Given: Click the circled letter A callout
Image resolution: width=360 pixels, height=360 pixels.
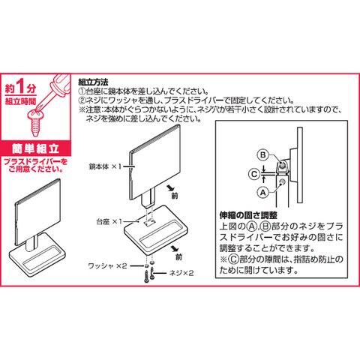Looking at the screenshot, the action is click(262, 193).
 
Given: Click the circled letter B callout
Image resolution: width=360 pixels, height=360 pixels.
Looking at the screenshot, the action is click(262, 155).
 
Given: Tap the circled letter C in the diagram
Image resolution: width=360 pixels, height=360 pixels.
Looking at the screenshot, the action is click(254, 174).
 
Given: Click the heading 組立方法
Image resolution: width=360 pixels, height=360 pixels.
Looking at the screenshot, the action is click(93, 82).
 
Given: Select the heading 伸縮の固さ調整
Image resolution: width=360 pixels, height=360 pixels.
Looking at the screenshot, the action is click(248, 215).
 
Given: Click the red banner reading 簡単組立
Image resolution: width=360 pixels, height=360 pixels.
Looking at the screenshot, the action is click(35, 148).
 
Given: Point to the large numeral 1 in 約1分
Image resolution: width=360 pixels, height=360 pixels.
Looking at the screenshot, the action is click(21, 86).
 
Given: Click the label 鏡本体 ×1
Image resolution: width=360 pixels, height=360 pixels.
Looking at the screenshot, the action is click(105, 166).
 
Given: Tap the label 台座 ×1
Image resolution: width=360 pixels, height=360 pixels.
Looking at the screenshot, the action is click(109, 221).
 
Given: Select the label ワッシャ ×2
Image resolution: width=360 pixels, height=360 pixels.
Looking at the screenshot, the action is click(107, 265).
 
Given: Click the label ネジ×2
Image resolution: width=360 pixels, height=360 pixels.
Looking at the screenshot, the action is click(181, 273).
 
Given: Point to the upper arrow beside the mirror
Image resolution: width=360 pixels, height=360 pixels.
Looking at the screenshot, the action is click(171, 187).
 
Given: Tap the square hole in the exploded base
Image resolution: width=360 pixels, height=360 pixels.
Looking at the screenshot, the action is click(149, 221).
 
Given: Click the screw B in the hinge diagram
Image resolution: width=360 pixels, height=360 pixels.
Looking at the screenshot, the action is click(282, 165).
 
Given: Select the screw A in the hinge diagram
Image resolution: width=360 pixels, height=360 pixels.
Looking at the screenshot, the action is click(282, 182).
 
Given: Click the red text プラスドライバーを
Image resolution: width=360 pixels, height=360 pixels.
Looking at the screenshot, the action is click(35, 162).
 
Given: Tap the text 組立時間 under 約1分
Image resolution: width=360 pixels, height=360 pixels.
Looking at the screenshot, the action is click(20, 101).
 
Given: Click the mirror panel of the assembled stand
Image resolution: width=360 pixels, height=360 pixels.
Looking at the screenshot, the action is click(38, 211).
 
